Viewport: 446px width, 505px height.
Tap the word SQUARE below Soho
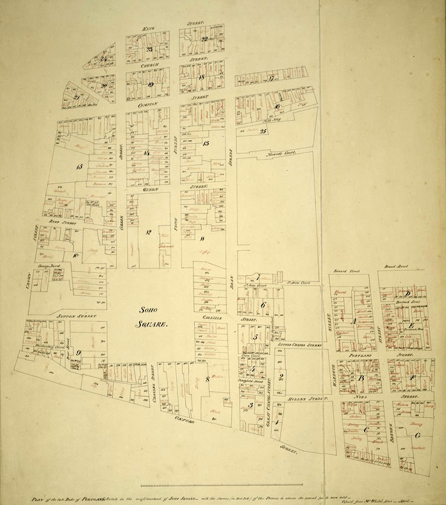[x=150, y=324]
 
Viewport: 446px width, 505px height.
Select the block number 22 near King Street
[x=204, y=39]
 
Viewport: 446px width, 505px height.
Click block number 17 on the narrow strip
[x=271, y=78]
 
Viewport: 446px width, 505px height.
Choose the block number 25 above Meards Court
[x=263, y=131]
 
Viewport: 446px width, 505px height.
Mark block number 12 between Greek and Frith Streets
[x=148, y=232]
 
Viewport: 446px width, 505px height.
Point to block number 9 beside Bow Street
[x=78, y=352]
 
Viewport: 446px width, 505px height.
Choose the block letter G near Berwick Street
[x=418, y=434]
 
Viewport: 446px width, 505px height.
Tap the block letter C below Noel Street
[x=365, y=429]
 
